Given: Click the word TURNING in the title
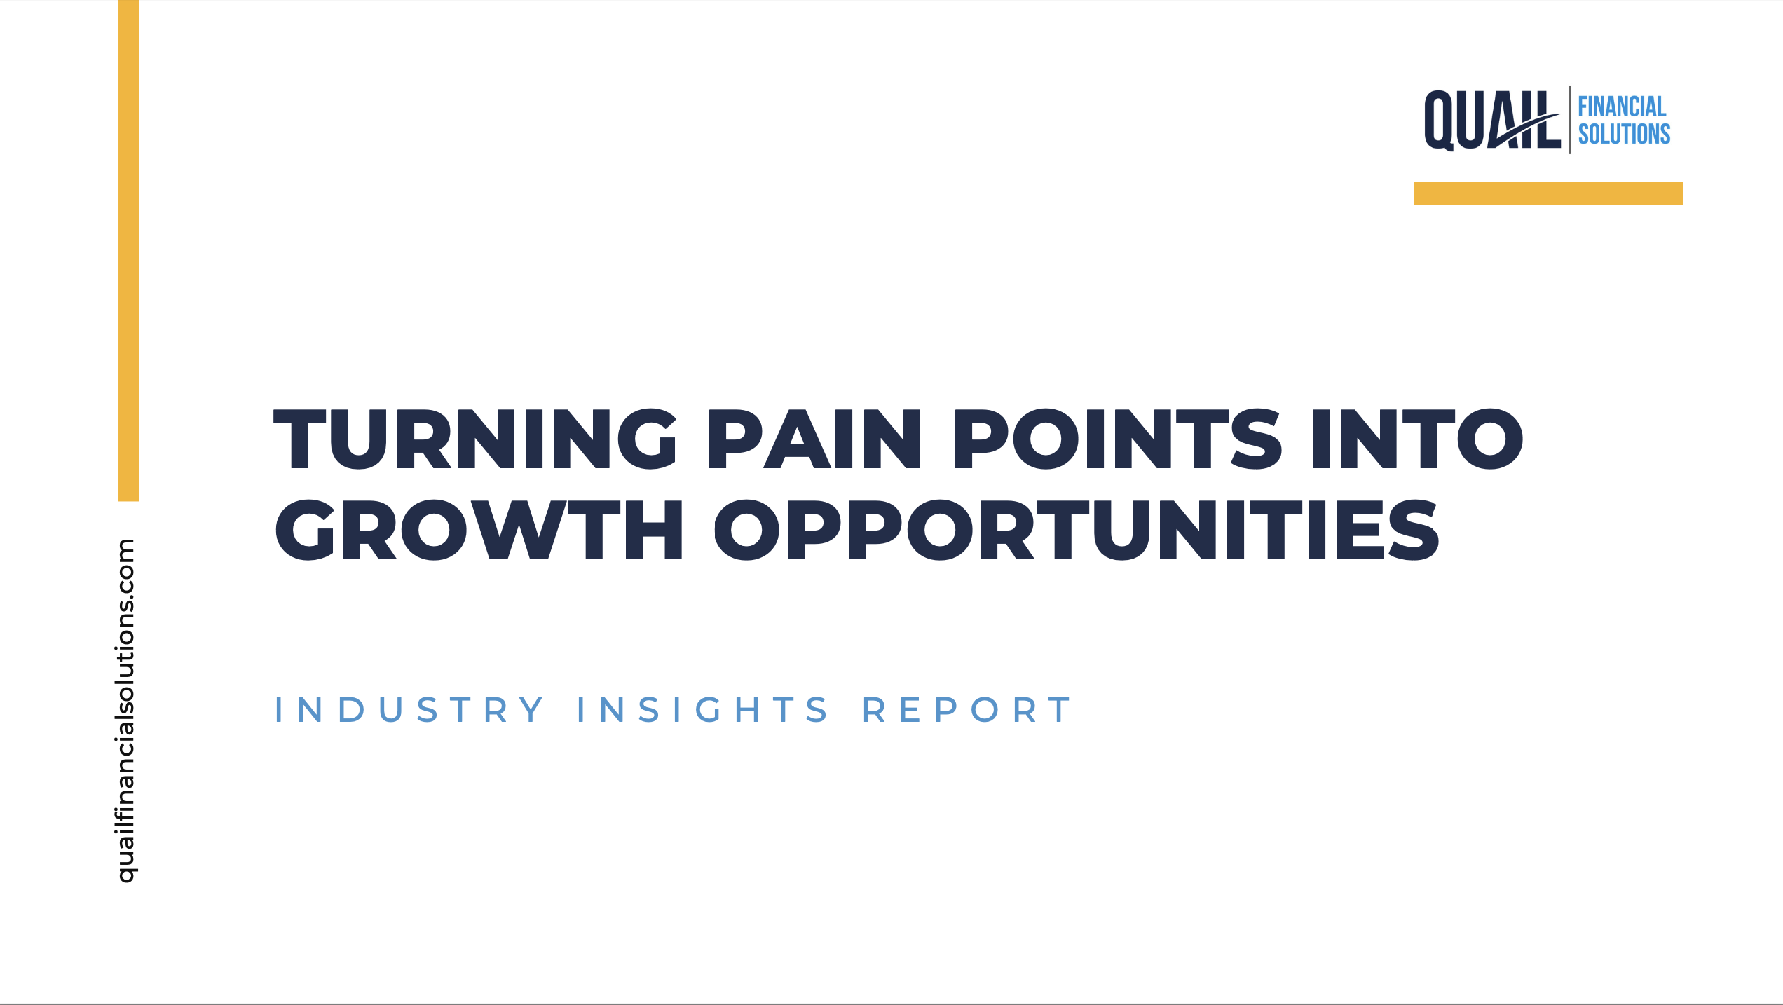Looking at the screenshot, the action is [474, 439].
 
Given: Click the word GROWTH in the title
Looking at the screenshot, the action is [479, 530].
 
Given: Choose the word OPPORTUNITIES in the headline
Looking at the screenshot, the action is [1077, 530].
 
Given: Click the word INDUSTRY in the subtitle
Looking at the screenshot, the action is [409, 710].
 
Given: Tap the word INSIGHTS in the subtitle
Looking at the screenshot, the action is [702, 710].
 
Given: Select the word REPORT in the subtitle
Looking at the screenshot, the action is [966, 710].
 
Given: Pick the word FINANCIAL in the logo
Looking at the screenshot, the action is [1622, 107].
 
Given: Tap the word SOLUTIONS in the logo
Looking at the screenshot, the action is [1624, 134].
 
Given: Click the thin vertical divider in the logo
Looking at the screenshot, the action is [1569, 120].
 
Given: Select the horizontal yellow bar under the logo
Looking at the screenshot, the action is [1548, 193].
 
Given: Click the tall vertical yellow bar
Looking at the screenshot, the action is [129, 250].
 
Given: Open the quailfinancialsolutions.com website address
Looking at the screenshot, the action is [126, 711].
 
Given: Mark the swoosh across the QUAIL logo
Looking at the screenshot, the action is [1524, 131].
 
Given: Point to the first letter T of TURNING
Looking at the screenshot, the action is [300, 439].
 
